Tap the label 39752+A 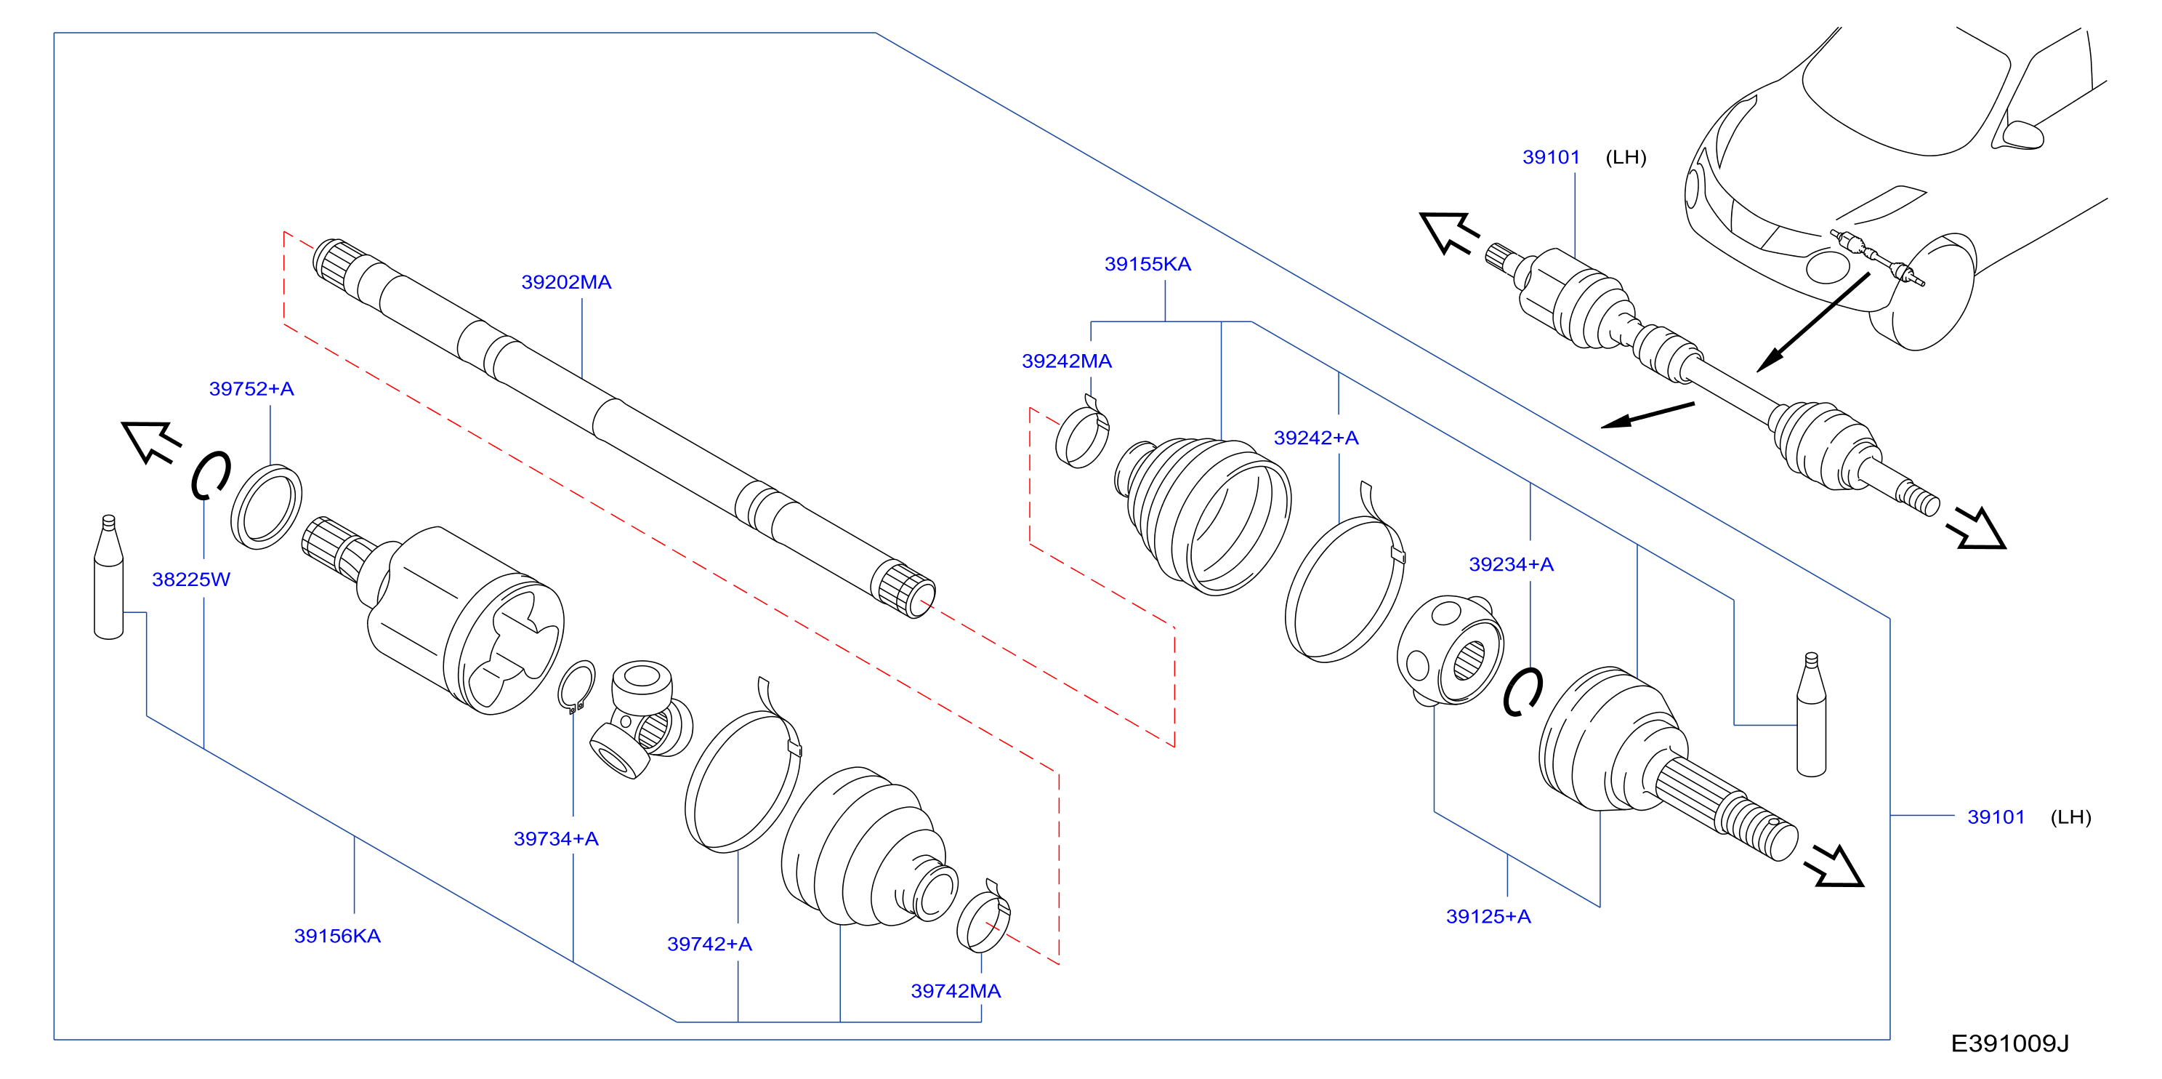point(251,389)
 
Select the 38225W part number point(190,579)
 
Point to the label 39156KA point(336,936)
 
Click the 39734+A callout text point(556,839)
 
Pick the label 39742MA point(956,992)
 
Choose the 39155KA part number point(1147,265)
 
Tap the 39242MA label point(1066,361)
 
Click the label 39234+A point(1511,564)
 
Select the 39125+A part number point(1488,917)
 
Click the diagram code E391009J point(2009,1043)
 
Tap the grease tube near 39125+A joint point(1811,715)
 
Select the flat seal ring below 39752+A point(266,506)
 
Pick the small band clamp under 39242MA point(1082,433)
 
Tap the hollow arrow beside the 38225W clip point(151,441)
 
